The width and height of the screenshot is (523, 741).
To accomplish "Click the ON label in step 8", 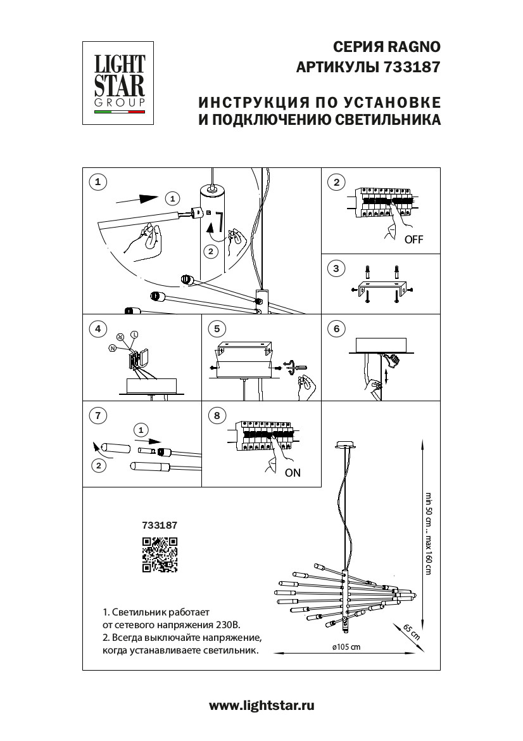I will [x=293, y=472].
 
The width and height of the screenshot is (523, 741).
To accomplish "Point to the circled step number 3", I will [x=336, y=269].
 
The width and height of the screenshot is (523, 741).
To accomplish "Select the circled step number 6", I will [x=336, y=328].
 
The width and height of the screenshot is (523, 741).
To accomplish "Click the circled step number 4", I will [x=97, y=328].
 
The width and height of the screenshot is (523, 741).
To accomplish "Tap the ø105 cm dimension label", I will [x=345, y=647].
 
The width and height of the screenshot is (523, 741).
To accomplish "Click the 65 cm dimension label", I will [x=412, y=632].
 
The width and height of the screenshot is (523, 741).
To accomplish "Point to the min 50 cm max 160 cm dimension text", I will [x=428, y=532].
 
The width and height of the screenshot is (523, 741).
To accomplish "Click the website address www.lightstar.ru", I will [x=261, y=706].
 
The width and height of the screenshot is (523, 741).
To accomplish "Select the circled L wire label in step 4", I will [x=134, y=334].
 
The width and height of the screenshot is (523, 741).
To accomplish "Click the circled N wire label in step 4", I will [x=112, y=348].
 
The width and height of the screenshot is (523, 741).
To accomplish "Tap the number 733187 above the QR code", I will [x=160, y=525].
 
